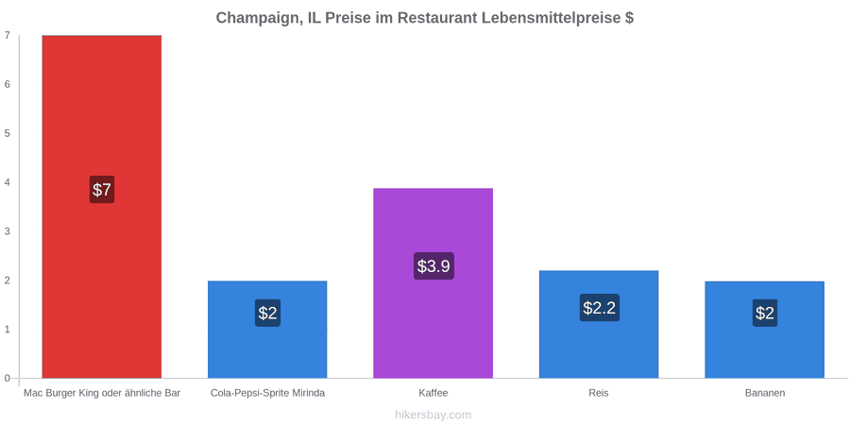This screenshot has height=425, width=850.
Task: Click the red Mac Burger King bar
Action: coord(102,207)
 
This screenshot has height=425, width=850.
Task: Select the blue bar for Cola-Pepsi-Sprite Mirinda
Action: coord(267,329)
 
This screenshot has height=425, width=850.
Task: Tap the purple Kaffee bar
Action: coord(433,283)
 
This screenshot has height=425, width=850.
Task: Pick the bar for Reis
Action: coord(599,324)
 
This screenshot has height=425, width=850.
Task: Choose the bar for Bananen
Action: coord(764,330)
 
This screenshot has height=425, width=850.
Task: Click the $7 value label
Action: coord(102,189)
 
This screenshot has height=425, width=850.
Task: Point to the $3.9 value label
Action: coord(433,266)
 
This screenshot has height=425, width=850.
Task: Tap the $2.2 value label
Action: coord(600,307)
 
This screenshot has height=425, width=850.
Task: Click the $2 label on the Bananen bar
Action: coord(765,313)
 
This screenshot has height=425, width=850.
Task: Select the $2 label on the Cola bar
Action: coord(268,313)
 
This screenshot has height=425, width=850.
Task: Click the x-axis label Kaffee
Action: coord(433,393)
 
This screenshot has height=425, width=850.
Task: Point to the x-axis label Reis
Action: coord(599,393)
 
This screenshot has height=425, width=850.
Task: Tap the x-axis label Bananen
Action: coord(764,393)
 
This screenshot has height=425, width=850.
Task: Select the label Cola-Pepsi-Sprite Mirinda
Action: coord(268,393)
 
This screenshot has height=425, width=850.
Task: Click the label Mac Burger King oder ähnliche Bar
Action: coord(102,393)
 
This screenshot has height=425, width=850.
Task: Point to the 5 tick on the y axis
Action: coord(8,133)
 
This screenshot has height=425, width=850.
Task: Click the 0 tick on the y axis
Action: coord(8,379)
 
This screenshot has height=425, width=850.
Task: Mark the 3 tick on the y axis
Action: coord(8,231)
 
